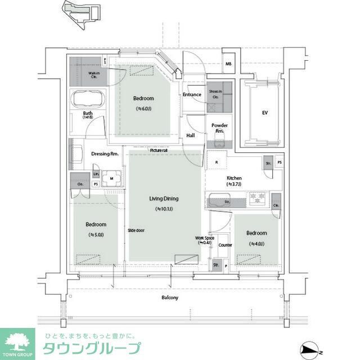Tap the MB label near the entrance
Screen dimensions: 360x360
click(x=228, y=64)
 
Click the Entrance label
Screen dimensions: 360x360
click(x=192, y=94)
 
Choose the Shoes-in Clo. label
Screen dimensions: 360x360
click(x=216, y=93)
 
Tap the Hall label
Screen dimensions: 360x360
click(x=191, y=136)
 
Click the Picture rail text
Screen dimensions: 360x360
click(x=159, y=150)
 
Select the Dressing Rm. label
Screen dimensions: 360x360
click(x=105, y=154)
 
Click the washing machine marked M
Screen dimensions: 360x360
click(x=111, y=179)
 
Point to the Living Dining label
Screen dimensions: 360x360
click(x=164, y=199)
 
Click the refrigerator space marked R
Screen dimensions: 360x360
click(x=217, y=163)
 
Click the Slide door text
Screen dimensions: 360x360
click(x=136, y=230)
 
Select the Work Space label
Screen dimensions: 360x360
click(x=204, y=240)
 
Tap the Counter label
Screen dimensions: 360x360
click(x=225, y=245)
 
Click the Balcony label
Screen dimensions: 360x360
click(x=169, y=298)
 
